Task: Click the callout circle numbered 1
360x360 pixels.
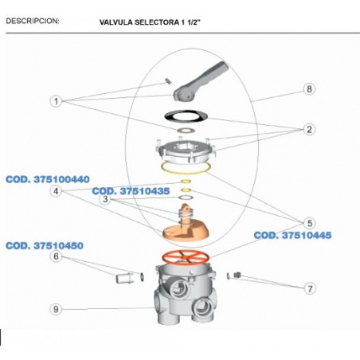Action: [x=56, y=101]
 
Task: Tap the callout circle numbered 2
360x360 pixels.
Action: [x=309, y=130]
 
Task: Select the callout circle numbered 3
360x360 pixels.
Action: [x=105, y=199]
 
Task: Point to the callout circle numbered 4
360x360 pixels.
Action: [x=56, y=191]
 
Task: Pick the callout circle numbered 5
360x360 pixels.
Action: [x=310, y=223]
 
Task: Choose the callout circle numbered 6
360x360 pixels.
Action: [x=56, y=256]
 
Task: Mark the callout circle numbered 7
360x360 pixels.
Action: [x=310, y=288]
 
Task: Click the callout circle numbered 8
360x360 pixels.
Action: [x=309, y=89]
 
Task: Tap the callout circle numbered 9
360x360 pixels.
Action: [x=56, y=309]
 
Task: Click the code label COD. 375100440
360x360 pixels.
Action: [x=48, y=179]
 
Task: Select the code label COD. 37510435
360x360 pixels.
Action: [x=131, y=191]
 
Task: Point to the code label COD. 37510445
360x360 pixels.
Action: [x=293, y=235]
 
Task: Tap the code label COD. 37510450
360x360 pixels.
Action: [x=45, y=246]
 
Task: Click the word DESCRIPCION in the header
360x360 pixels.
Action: [x=33, y=21]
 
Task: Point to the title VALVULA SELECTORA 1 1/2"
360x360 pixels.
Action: [x=150, y=22]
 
